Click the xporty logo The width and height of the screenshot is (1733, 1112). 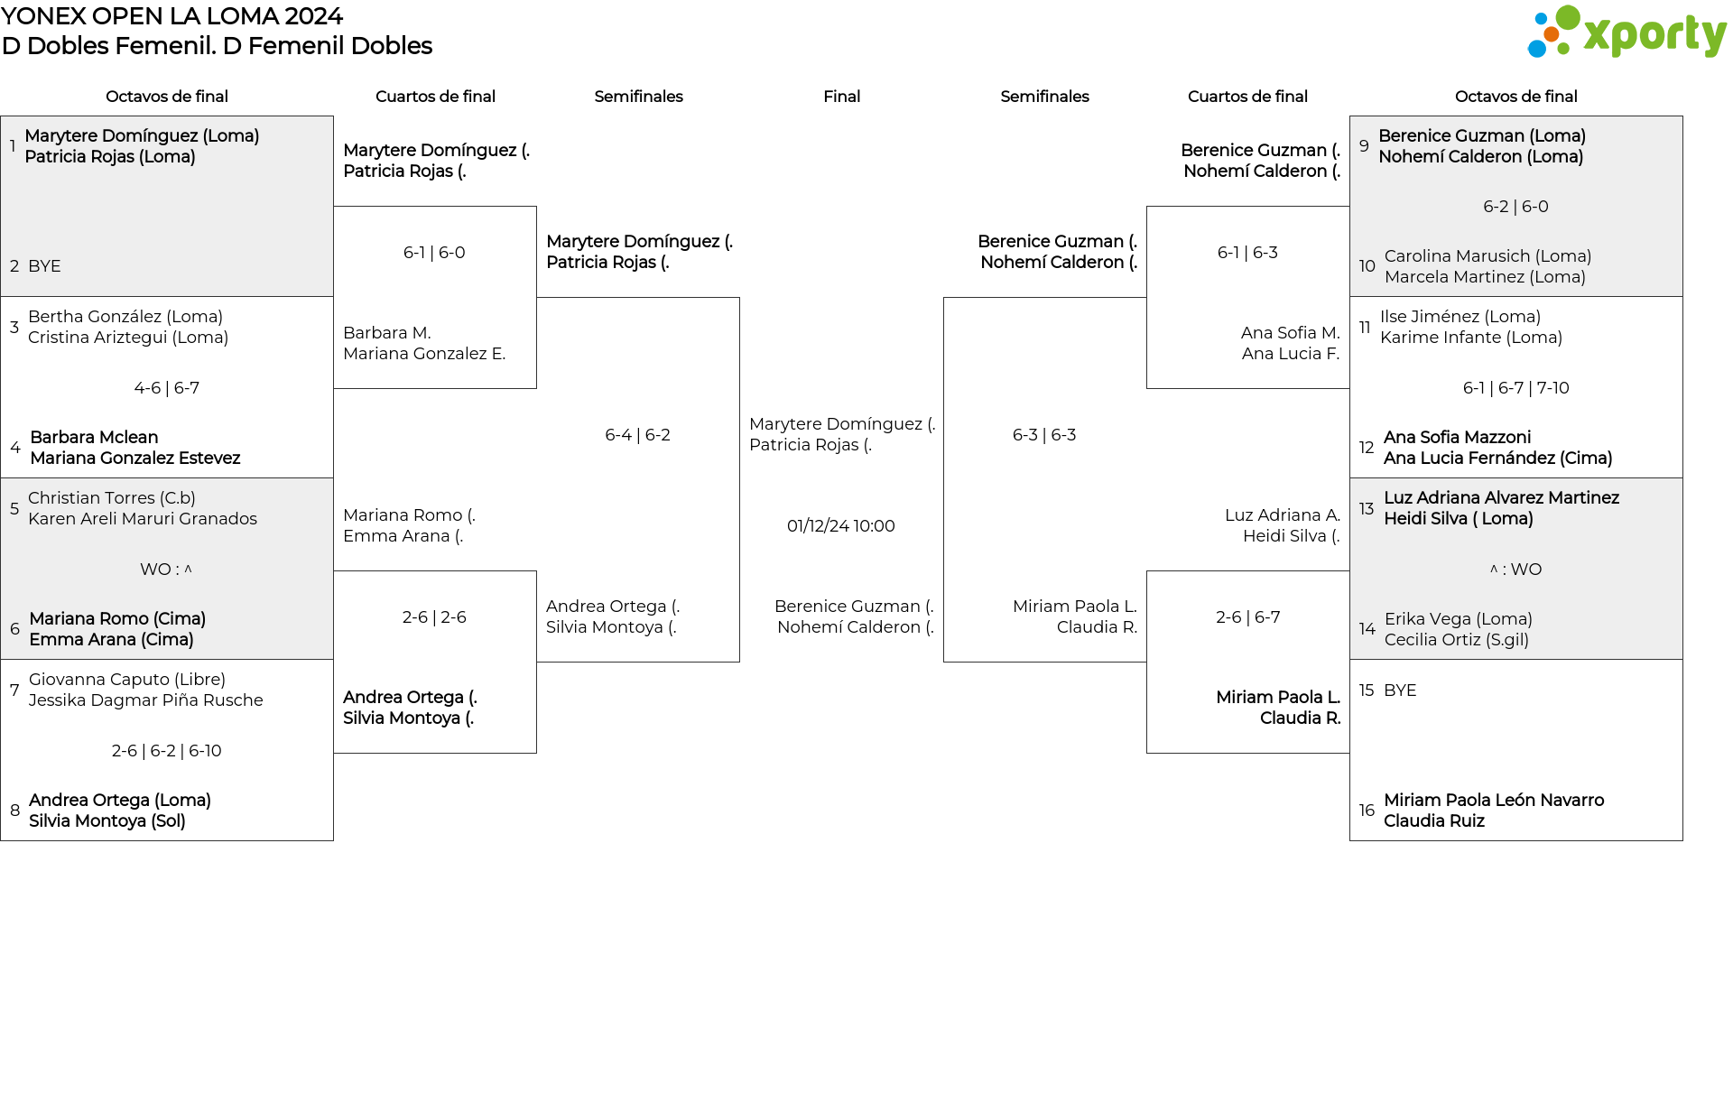(1626, 32)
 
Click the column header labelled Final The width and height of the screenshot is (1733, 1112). (841, 97)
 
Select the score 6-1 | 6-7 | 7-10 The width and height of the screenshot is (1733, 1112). (1515, 388)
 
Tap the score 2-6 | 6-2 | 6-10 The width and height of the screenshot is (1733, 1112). (166, 751)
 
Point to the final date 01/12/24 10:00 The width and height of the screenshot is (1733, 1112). (840, 526)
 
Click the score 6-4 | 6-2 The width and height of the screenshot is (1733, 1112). (637, 435)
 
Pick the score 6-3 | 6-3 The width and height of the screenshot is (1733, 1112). (1044, 435)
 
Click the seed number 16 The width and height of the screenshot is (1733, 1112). (1367, 811)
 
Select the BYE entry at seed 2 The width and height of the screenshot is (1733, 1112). (44, 266)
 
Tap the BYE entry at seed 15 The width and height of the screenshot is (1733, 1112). (1400, 690)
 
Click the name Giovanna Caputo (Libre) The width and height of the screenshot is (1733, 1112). (127, 680)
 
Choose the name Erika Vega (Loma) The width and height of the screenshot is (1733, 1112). (1459, 619)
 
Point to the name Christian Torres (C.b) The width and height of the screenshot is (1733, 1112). (112, 498)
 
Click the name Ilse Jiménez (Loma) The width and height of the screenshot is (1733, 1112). (1460, 317)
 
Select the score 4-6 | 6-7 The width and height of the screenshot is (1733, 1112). (167, 388)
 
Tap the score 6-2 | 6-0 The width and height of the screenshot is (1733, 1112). (1515, 207)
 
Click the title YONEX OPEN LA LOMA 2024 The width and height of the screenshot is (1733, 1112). (171, 16)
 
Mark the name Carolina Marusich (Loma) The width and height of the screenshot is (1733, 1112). (1487, 256)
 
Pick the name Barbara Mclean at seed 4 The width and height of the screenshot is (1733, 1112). (94, 438)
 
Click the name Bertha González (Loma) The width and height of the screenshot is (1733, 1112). (125, 317)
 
